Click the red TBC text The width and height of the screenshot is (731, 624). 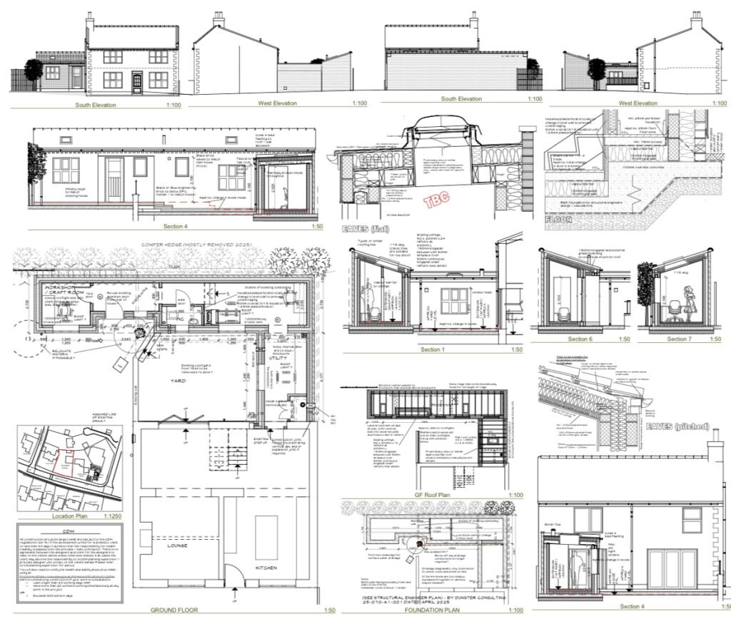tap(438, 200)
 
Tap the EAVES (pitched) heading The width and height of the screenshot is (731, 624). tap(677, 426)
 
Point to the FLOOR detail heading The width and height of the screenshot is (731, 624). tap(558, 220)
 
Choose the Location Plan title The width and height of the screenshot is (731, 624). tap(70, 515)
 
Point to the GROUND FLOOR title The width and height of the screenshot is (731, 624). tap(174, 610)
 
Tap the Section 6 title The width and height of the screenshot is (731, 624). tap(580, 339)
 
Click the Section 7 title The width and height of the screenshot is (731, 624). tap(679, 339)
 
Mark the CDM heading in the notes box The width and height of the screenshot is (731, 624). tap(69, 532)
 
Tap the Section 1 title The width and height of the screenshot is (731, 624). tap(431, 349)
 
